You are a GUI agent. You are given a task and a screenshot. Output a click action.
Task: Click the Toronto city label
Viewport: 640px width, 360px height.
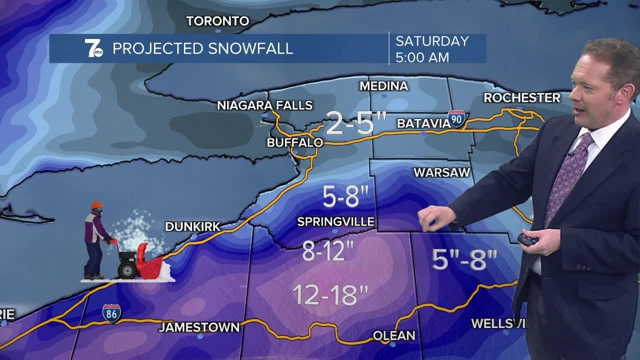tap(217, 21)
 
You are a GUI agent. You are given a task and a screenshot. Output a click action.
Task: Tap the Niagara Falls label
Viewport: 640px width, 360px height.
tap(264, 105)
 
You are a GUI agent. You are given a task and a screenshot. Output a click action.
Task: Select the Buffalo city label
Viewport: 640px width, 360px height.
tap(294, 142)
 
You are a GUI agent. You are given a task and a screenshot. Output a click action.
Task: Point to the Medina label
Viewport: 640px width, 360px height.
tap(383, 86)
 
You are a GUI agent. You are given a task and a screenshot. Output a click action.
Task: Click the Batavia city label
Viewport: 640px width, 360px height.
tap(423, 123)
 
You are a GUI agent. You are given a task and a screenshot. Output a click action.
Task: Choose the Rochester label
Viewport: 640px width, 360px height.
tap(521, 98)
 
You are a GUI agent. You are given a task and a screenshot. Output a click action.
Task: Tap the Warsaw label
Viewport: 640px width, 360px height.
tap(442, 172)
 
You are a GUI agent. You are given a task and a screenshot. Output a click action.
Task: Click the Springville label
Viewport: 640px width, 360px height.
tap(335, 221)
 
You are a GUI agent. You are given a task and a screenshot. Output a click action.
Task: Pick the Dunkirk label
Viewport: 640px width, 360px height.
tap(192, 227)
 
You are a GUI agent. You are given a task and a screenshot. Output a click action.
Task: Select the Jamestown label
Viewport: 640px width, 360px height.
tap(199, 327)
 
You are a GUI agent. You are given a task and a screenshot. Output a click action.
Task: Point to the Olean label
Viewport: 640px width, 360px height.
tap(394, 335)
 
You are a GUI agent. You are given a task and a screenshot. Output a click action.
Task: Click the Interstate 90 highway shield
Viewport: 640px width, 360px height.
tap(456, 118)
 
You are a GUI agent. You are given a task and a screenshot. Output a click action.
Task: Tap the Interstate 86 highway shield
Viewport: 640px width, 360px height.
tap(111, 313)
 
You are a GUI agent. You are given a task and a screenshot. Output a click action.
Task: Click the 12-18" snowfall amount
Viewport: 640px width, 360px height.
tap(330, 295)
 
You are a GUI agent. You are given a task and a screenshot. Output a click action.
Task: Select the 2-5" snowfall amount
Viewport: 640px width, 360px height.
tap(356, 123)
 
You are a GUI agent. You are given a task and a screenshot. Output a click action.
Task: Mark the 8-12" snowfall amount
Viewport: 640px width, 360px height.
tap(328, 251)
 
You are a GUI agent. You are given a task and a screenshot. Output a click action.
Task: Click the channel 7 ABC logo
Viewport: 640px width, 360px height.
tap(93, 48)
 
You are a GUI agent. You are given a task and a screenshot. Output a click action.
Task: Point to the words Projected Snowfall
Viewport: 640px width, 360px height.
tap(202, 48)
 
